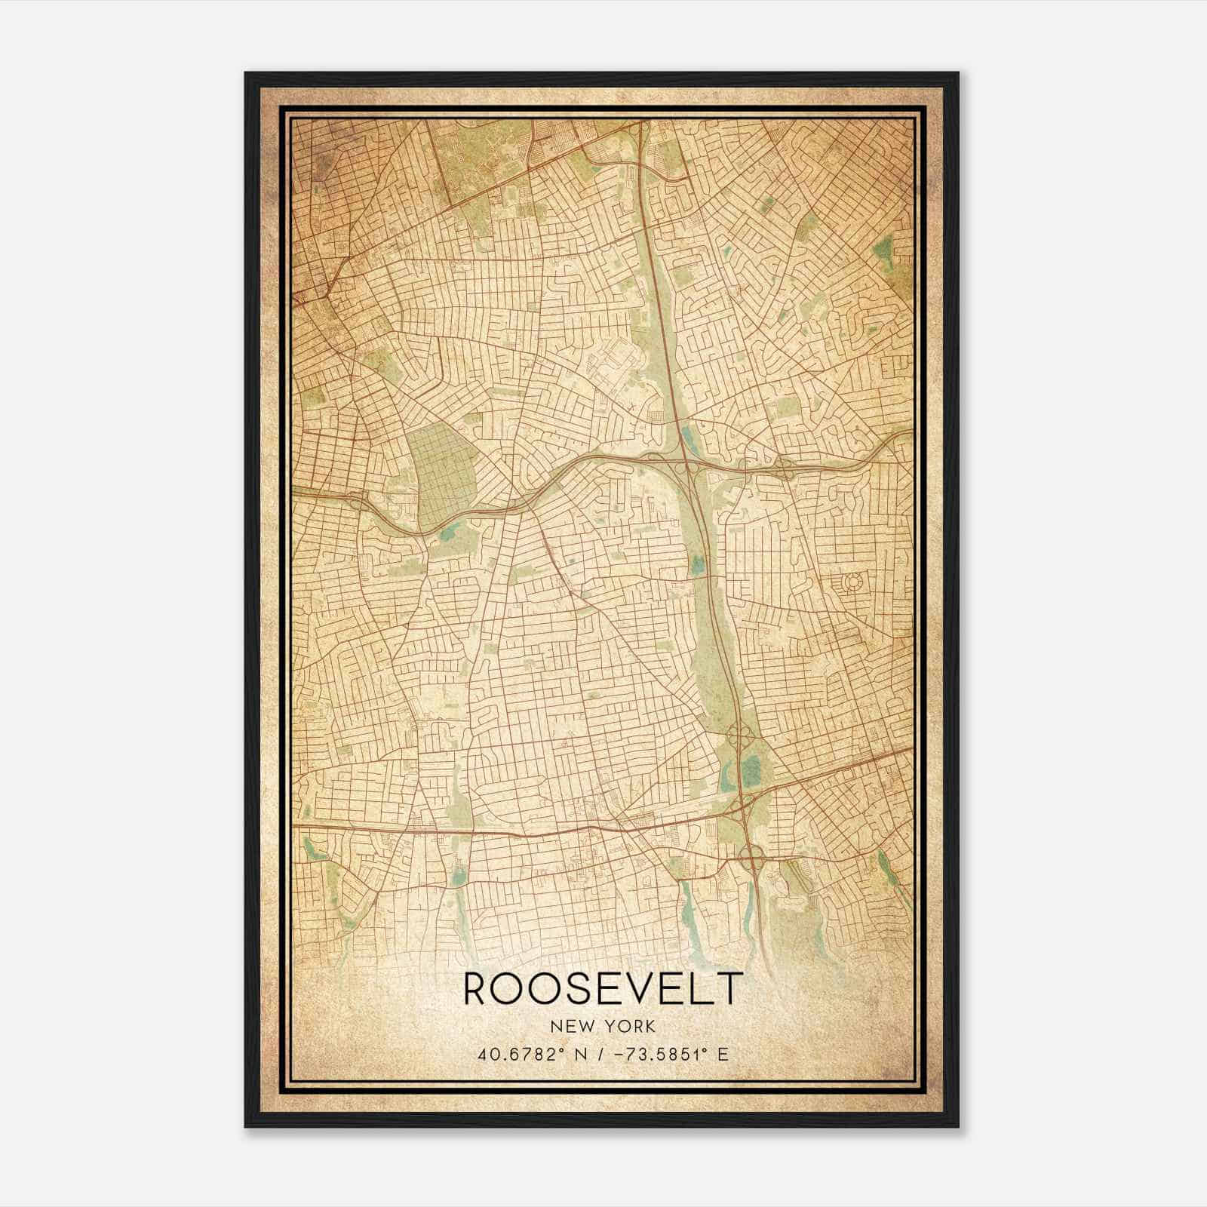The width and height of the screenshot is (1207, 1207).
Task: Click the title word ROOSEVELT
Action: [x=603, y=989]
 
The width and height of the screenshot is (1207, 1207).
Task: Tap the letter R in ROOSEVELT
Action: [x=478, y=989]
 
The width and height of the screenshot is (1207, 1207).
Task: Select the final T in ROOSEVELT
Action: [x=729, y=989]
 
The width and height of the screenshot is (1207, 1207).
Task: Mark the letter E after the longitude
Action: [x=723, y=1055]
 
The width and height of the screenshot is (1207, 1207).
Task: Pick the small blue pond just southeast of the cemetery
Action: [x=451, y=534]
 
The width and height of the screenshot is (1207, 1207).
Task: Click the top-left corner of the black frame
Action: [x=246, y=73]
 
